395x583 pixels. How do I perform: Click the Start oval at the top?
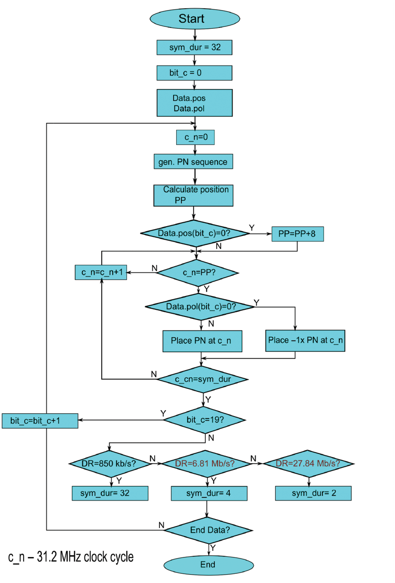click(x=195, y=19)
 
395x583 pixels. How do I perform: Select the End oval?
click(x=208, y=565)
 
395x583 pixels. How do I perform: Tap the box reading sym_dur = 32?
click(x=194, y=48)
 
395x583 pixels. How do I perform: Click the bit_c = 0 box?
click(x=194, y=73)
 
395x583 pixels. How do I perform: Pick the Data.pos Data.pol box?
click(x=195, y=103)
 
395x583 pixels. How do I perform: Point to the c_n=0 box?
click(x=195, y=137)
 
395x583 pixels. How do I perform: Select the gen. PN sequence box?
click(x=193, y=162)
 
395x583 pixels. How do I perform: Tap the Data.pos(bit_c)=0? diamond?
click(x=195, y=233)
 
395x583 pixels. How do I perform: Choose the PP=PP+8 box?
click(x=297, y=234)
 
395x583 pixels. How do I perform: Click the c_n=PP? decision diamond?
click(x=198, y=273)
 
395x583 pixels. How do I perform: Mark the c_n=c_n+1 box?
click(x=101, y=272)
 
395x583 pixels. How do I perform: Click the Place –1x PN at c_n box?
click(x=305, y=341)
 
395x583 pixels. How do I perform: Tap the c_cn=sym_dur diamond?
click(x=202, y=379)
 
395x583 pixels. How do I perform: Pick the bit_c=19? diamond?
click(x=205, y=420)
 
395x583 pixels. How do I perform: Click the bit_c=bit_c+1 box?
click(x=40, y=421)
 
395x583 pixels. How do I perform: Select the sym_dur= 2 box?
click(x=313, y=493)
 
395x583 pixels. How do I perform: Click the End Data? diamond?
click(x=208, y=530)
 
